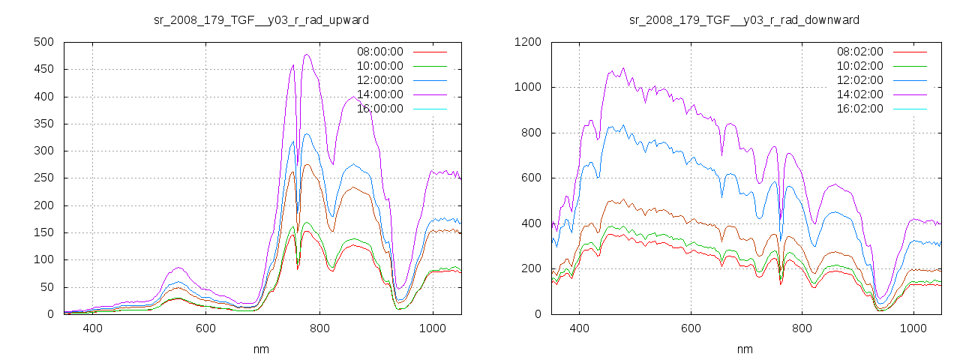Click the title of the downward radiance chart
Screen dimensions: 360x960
744,19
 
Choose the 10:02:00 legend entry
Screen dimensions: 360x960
860,66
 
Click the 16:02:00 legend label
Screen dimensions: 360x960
860,109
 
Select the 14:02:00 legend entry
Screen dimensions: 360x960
860,94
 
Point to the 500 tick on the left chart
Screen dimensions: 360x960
43,42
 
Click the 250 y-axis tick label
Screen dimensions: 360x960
43,178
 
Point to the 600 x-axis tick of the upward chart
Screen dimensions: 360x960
206,328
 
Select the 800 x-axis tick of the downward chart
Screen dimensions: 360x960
802,328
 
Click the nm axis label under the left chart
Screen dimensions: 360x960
261,349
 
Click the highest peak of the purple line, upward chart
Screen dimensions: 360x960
307,54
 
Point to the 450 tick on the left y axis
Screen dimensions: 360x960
43,69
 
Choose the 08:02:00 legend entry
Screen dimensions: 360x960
860,52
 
